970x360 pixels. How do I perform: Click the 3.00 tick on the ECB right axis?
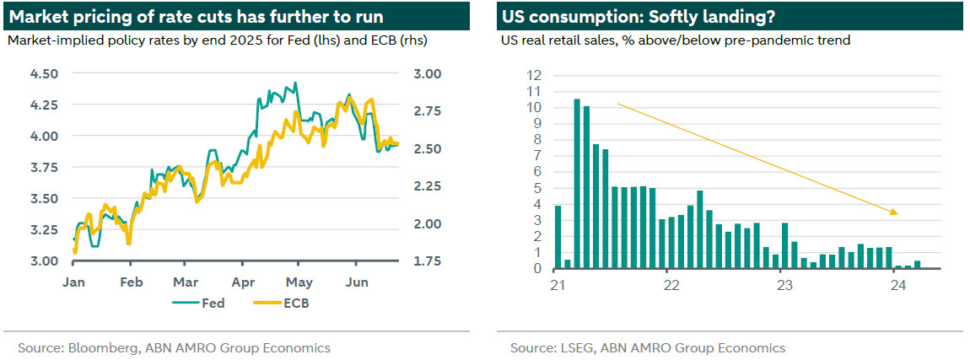click(424, 73)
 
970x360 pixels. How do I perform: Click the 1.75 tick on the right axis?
click(424, 261)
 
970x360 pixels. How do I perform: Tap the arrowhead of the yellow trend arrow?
click(896, 212)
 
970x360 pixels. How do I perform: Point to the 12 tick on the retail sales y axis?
click(534, 75)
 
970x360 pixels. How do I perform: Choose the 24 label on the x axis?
click(897, 285)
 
